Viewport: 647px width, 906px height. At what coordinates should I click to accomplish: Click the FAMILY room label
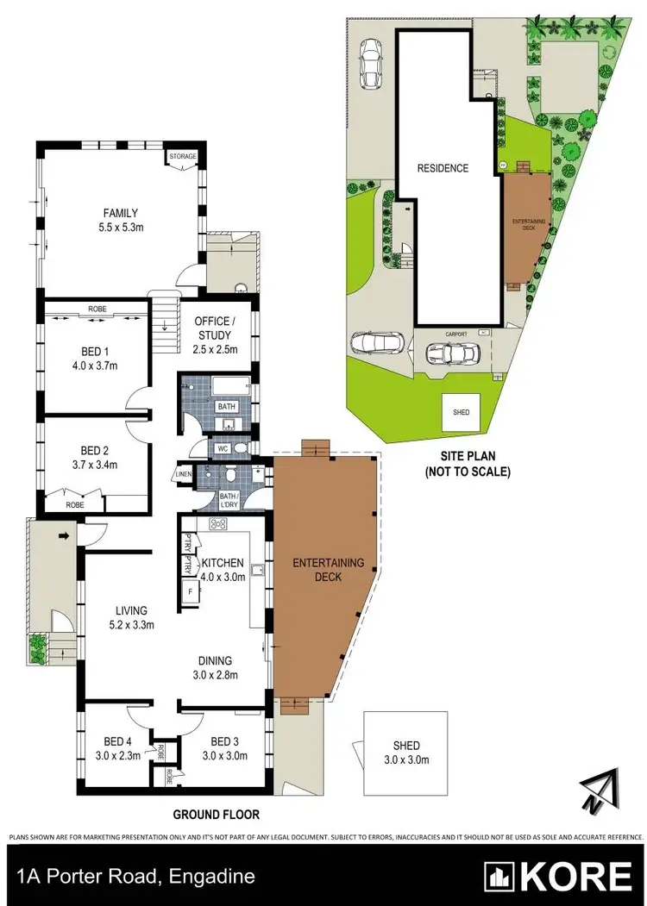[121, 214]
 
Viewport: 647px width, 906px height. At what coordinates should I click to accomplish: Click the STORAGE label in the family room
[183, 157]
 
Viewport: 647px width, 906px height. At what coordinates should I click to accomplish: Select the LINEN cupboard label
[183, 474]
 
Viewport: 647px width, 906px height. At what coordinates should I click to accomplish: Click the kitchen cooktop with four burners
[218, 524]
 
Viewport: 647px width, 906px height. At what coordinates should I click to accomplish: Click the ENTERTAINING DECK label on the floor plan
[329, 570]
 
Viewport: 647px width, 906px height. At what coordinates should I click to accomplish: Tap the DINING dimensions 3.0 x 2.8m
[215, 675]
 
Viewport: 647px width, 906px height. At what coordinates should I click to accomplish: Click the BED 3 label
[224, 741]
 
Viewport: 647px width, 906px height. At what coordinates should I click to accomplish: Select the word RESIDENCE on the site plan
[443, 168]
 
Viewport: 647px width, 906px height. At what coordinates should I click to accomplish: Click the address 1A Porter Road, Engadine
[135, 877]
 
